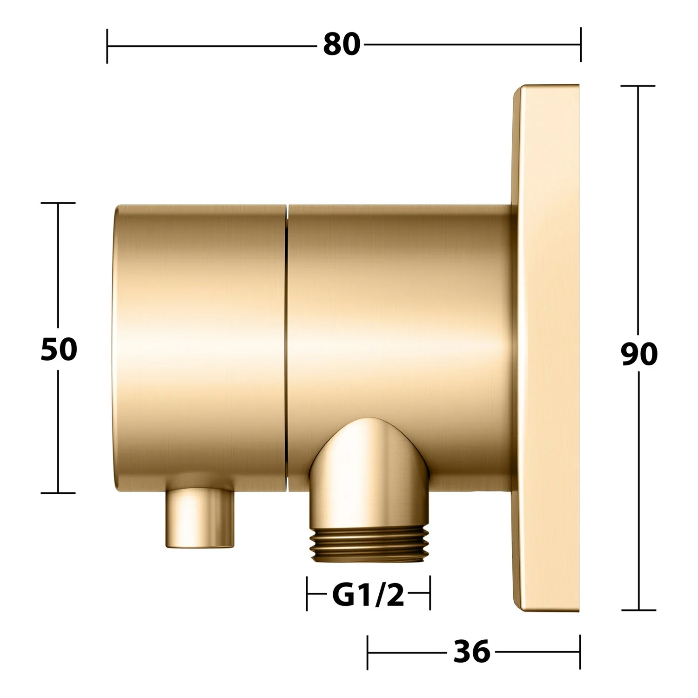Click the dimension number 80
pos(342,45)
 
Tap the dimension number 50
pos(59,349)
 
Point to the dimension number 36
pos(471,651)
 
